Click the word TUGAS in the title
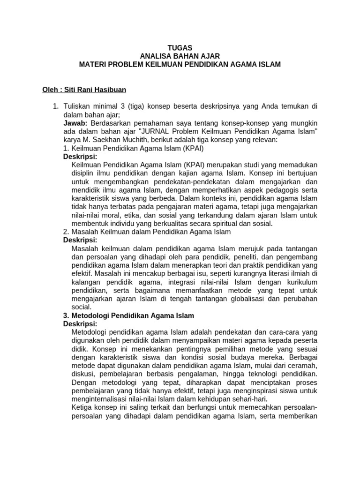pos(180,48)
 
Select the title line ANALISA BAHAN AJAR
pos(180,56)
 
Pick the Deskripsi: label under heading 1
pos(80,156)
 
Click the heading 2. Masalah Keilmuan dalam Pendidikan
pos(147,232)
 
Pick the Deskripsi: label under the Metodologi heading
pos(80,324)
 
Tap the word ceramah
pos(303,366)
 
